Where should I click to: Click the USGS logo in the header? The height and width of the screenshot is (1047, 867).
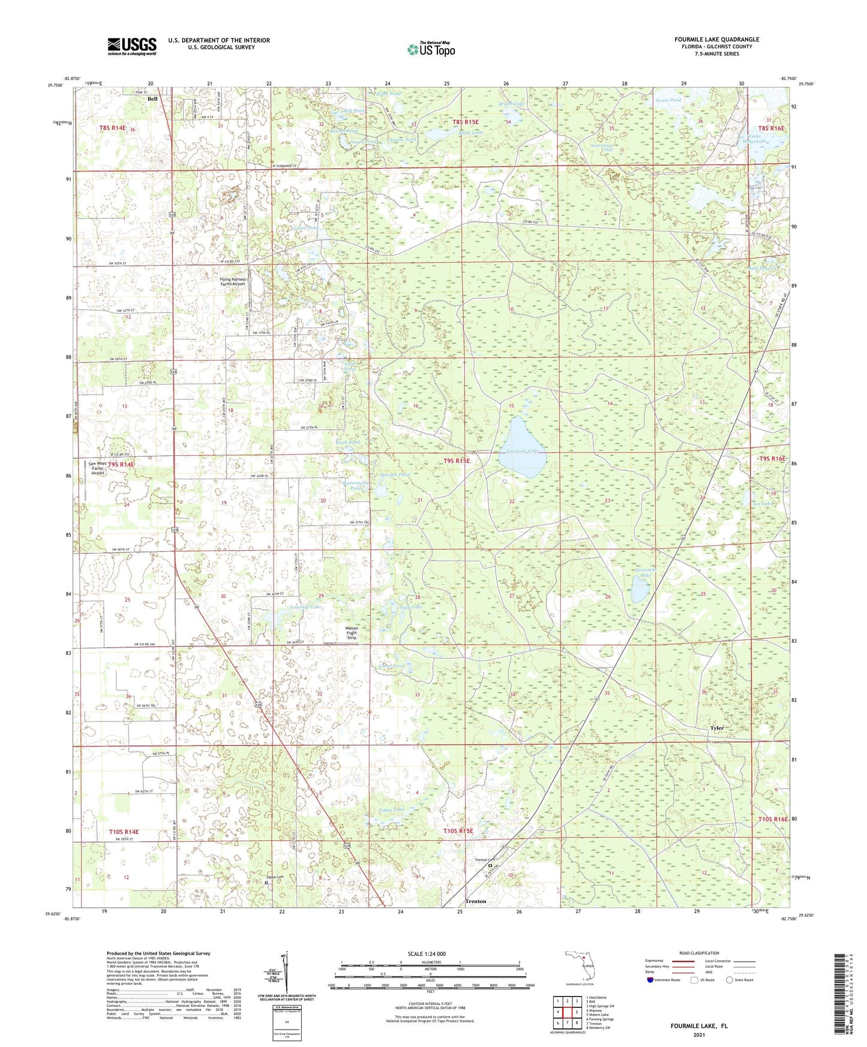point(131,46)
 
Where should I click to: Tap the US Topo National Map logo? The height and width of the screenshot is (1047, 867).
point(431,49)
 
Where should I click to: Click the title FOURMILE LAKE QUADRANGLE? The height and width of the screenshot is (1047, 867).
point(716,40)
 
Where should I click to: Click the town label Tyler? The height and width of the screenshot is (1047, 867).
point(716,728)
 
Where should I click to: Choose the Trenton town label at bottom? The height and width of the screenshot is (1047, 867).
point(476,901)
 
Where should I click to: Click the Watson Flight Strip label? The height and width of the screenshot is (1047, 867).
point(352,633)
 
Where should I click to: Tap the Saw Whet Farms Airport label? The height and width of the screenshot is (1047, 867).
point(98,468)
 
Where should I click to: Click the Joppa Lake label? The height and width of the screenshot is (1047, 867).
point(391,809)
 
